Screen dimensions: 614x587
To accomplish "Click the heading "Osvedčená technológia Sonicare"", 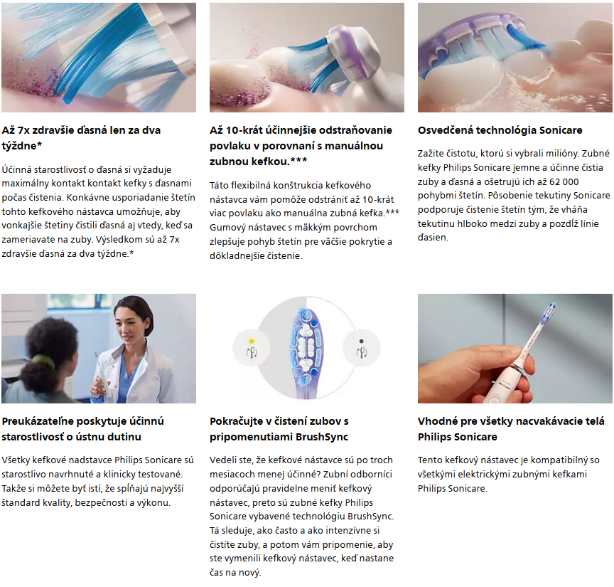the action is click(500, 130).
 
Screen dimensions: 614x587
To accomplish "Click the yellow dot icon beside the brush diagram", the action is click(252, 341).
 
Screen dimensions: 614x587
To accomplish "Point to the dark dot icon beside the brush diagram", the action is click(361, 341).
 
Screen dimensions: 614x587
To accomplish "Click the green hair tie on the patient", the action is click(43, 360).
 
